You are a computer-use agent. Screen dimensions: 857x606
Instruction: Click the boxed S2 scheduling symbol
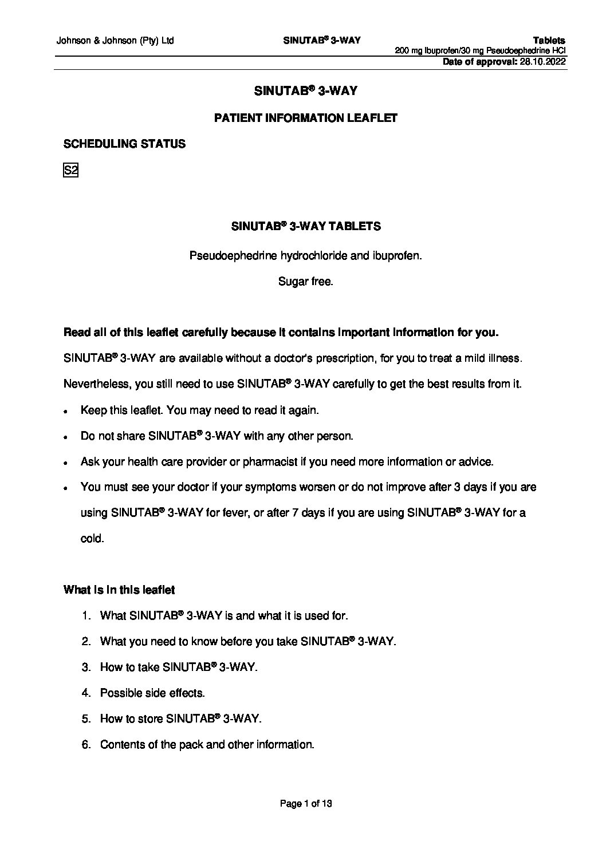coord(70,170)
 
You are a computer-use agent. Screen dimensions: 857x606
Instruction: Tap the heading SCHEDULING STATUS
coord(124,144)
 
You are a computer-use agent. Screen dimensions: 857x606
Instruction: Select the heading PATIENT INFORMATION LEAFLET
coord(305,118)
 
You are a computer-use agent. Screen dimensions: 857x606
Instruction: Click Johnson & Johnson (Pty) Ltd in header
coord(115,41)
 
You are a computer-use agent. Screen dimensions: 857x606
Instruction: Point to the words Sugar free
coord(305,282)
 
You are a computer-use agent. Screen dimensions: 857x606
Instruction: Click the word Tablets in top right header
coord(549,41)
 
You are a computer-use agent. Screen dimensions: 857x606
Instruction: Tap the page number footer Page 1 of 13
coord(305,804)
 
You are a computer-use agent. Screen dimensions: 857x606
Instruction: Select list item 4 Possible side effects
coord(152,693)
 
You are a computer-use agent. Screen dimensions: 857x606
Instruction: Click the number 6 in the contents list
coord(85,745)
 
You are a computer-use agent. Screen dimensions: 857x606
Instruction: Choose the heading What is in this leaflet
coord(119,590)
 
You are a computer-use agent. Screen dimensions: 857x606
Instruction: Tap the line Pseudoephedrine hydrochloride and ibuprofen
coord(305,256)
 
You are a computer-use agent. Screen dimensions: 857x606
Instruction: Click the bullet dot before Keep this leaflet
coord(67,411)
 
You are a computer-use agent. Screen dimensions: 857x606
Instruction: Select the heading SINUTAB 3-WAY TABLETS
coord(305,227)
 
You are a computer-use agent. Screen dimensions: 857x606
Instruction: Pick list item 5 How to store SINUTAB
coord(180,719)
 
